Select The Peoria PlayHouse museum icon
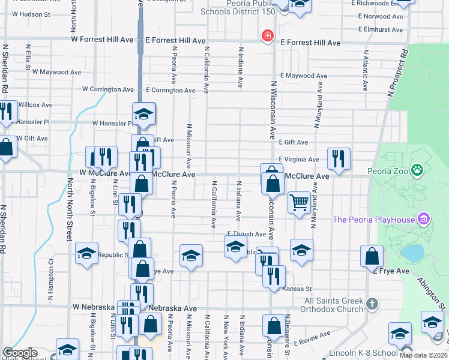point(425,218)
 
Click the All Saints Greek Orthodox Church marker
point(372,304)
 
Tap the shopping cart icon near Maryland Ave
point(299,202)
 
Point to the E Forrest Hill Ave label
point(310,43)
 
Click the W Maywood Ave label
point(56,72)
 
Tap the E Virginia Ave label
point(298,160)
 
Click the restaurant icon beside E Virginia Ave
point(339,158)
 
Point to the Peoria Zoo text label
point(388,172)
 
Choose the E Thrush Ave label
point(246,234)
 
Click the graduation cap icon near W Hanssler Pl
point(144,113)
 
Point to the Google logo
point(20,353)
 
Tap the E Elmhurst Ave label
point(380,29)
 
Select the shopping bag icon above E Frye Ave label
point(372,256)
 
